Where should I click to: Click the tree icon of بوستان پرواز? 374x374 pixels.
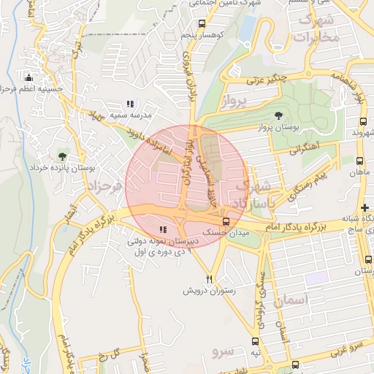pyautogui.click(x=278, y=115)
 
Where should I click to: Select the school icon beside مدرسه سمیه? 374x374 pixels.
pyautogui.click(x=130, y=104)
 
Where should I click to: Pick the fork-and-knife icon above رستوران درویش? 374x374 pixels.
pyautogui.click(x=210, y=278)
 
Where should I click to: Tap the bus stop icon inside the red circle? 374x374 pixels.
pyautogui.click(x=226, y=220)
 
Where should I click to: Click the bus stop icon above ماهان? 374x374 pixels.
pyautogui.click(x=359, y=161)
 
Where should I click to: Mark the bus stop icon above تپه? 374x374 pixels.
pyautogui.click(x=255, y=340)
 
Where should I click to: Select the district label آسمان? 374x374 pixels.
pyautogui.click(x=292, y=300)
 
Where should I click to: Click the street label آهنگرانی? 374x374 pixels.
pyautogui.click(x=306, y=148)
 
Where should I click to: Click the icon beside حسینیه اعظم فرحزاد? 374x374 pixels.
pyautogui.click(x=28, y=78)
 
